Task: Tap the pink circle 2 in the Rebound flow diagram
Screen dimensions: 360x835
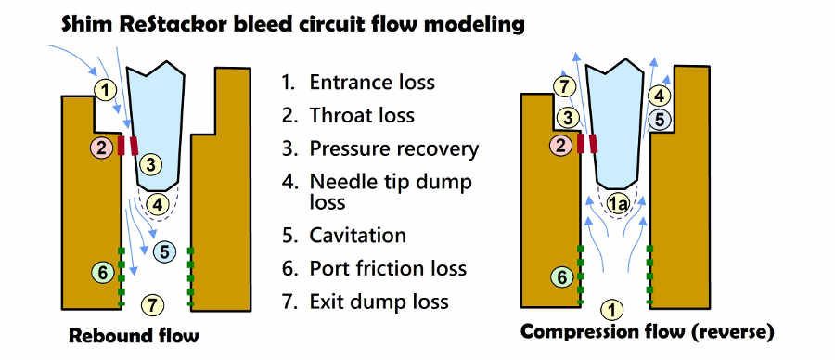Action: pos(102,146)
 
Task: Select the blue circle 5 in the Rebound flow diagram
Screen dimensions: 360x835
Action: pos(163,250)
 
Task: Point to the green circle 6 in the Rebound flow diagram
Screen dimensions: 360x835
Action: pos(104,273)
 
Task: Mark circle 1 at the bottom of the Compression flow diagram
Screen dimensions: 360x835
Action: pos(613,308)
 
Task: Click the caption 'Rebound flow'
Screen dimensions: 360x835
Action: pos(134,335)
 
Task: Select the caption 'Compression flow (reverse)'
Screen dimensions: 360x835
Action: pos(647,332)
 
